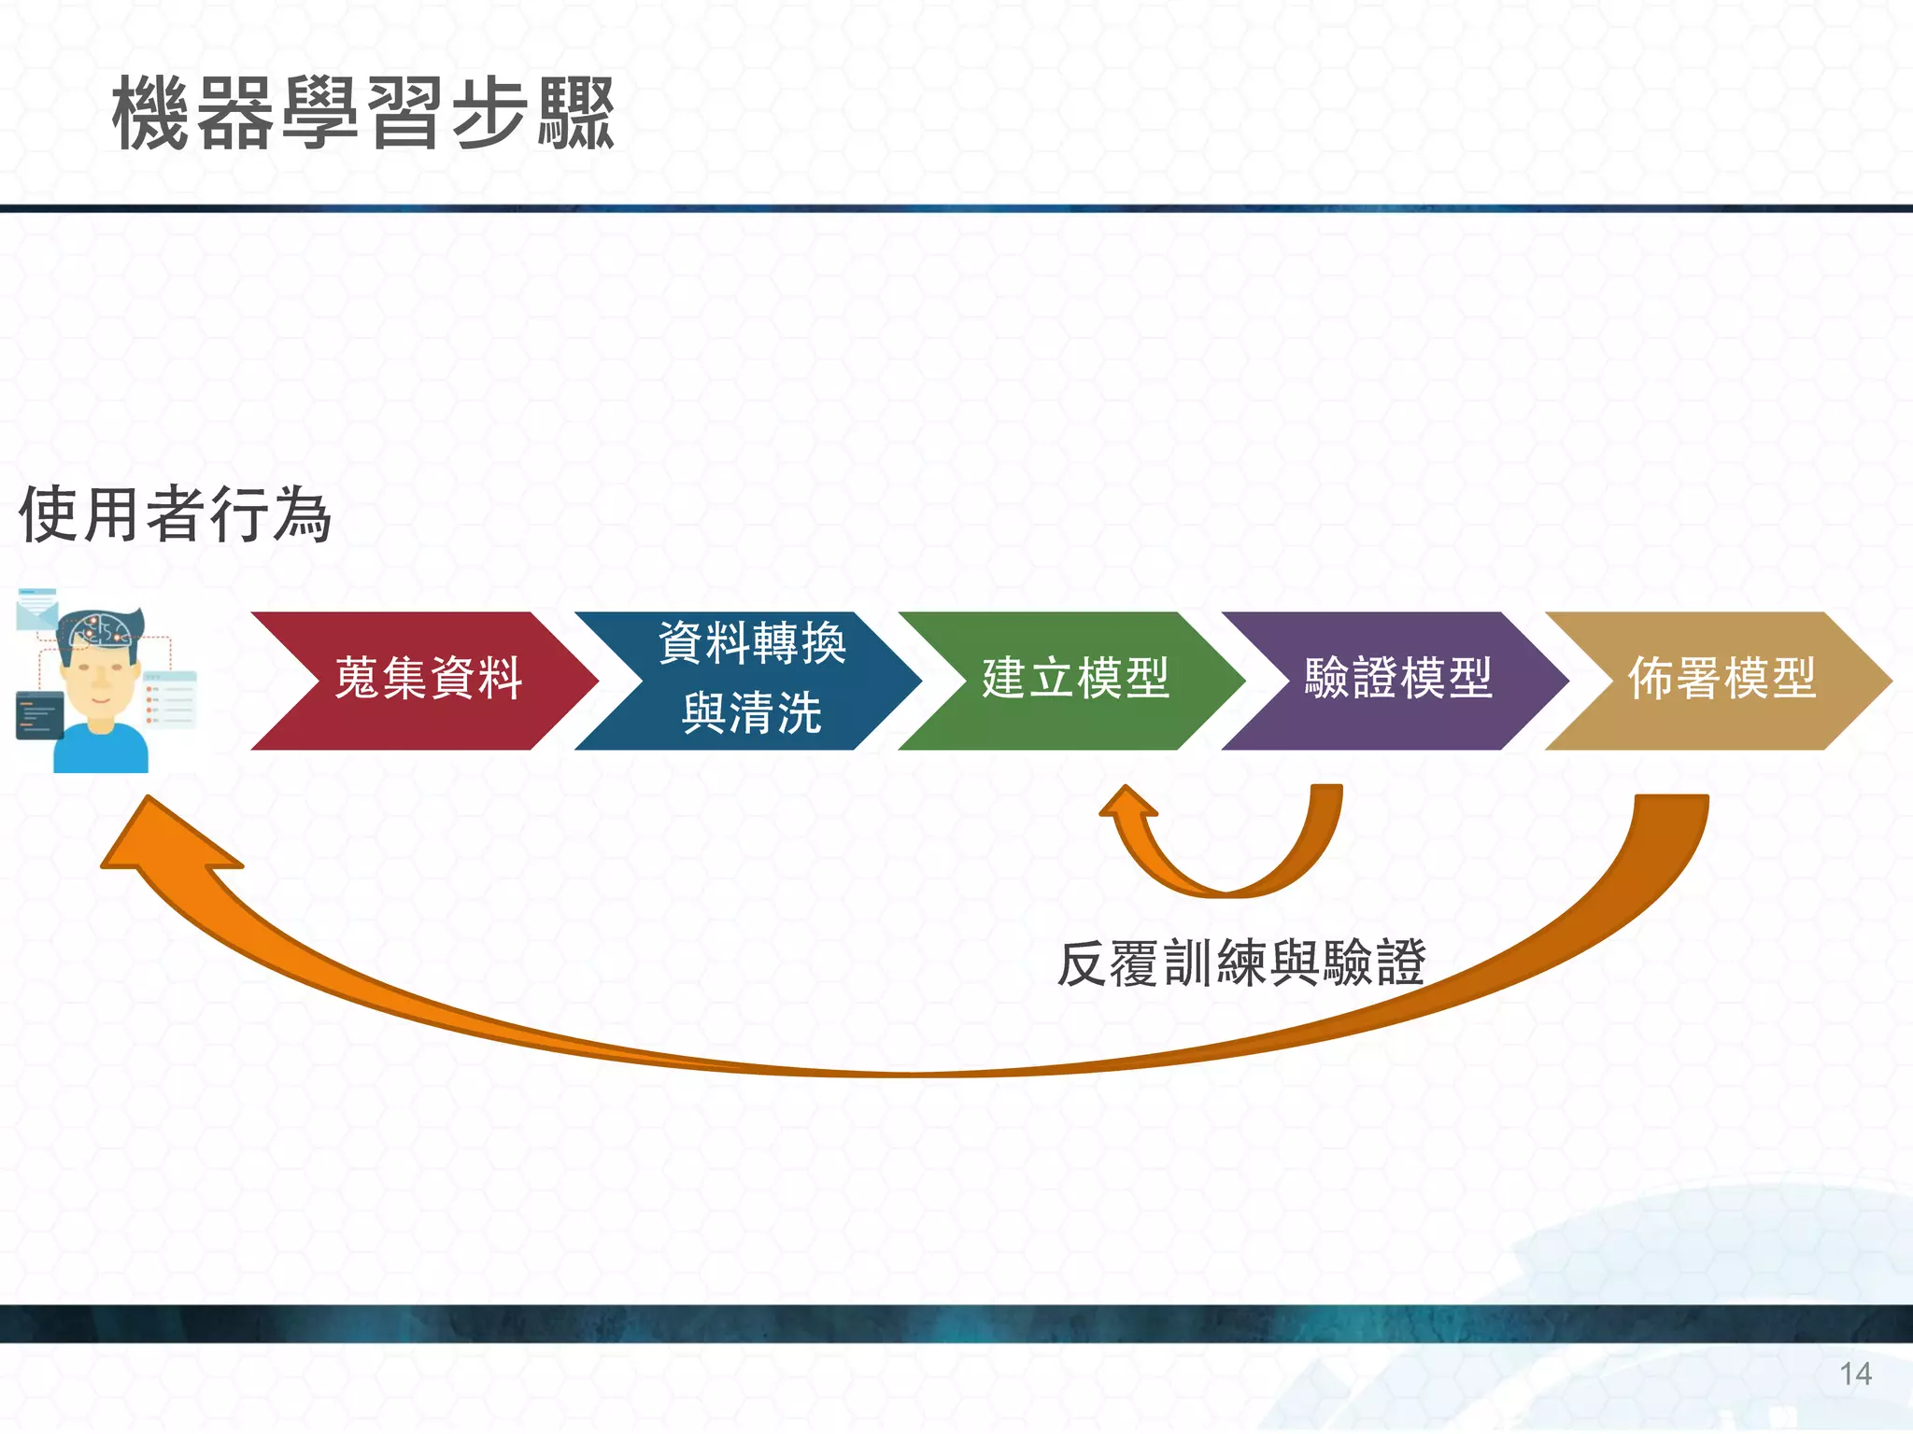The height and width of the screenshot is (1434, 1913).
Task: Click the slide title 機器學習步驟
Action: [362, 114]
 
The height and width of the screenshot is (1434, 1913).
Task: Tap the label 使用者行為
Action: [175, 514]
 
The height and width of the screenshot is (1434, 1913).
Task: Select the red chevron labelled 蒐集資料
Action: [425, 680]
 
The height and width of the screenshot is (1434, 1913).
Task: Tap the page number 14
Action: [1855, 1374]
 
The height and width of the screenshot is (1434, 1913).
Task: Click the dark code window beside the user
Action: [39, 716]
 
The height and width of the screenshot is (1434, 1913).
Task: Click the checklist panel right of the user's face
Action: [170, 699]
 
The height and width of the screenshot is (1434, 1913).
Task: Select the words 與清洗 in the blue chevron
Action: [751, 714]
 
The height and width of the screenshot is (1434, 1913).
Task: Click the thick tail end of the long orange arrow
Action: [1672, 812]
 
